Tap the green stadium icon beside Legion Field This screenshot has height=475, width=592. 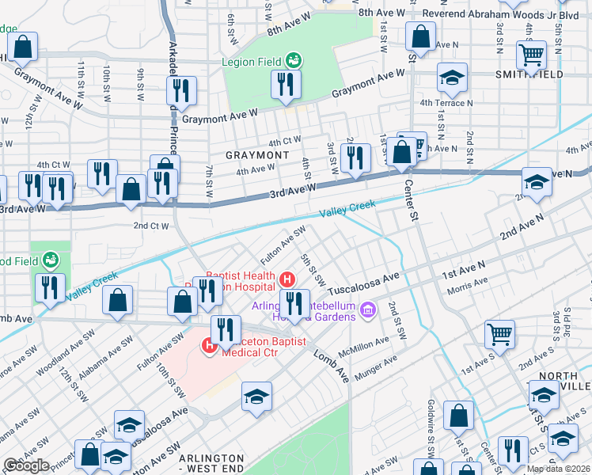293,59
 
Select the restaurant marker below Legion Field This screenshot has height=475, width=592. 286,85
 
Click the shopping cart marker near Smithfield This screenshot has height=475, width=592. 531,54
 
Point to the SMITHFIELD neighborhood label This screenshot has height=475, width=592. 529,74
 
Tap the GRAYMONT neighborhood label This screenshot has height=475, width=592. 257,155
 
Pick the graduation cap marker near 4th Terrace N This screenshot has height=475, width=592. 452,77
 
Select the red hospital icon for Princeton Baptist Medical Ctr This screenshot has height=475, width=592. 209,344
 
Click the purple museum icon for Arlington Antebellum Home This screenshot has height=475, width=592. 366,308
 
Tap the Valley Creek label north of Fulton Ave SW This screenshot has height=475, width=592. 347,210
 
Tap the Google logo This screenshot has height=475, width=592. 26,465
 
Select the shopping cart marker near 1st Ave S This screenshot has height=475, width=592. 499,334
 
